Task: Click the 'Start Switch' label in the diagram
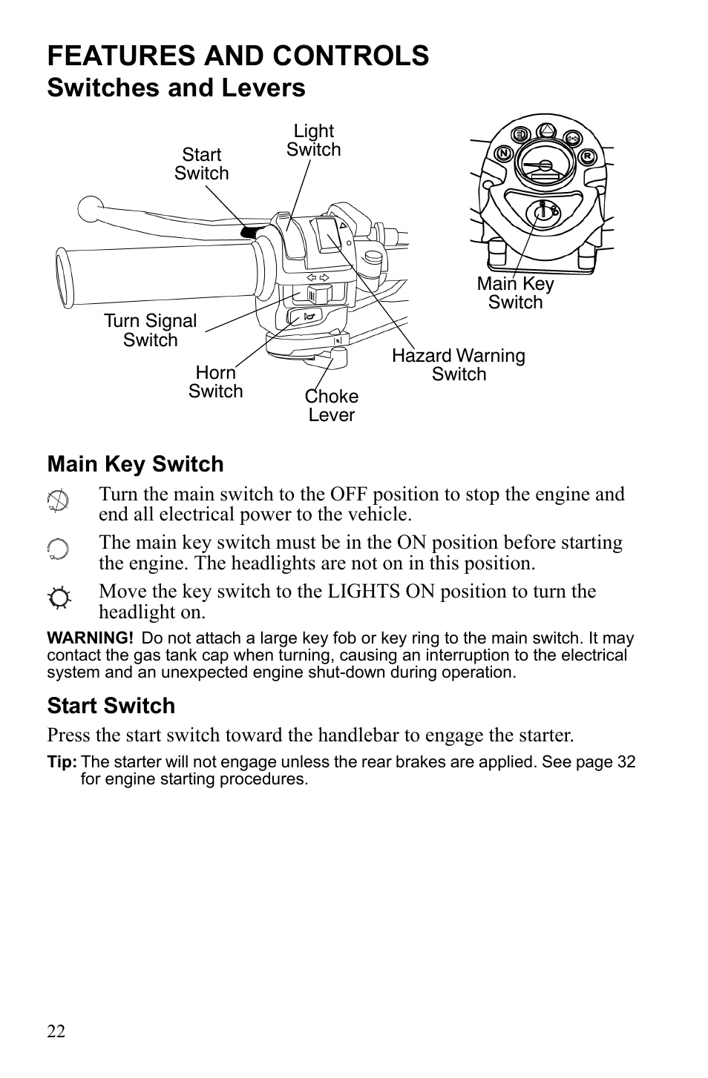[201, 164]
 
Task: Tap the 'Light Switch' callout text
[313, 140]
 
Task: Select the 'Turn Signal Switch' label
[150, 331]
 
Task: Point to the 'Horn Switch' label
[215, 382]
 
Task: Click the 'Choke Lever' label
[331, 406]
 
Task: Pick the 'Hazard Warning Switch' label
[458, 365]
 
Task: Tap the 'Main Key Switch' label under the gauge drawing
[515, 293]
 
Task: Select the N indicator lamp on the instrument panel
[503, 154]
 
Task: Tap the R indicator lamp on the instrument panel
[587, 156]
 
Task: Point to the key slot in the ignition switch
[543, 212]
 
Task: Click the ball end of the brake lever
[90, 208]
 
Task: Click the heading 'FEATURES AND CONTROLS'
[237, 56]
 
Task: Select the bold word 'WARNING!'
[90, 638]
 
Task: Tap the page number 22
[56, 1031]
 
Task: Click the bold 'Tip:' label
[62, 762]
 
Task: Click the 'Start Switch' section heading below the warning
[111, 705]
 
